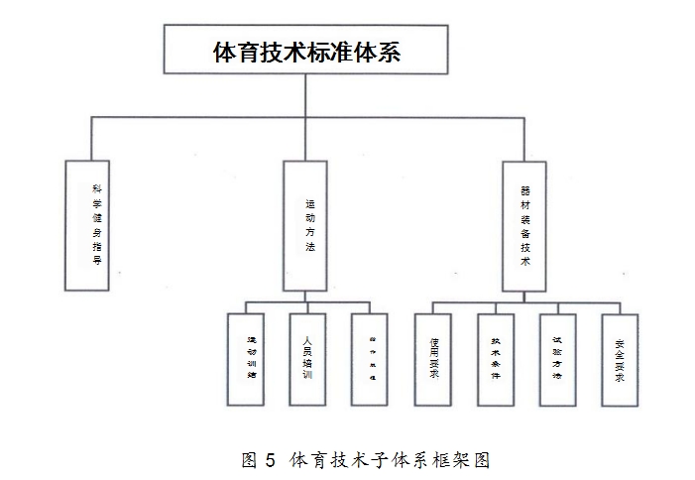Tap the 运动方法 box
[x=305, y=224]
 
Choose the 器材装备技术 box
[x=524, y=224]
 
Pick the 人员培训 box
[x=307, y=359]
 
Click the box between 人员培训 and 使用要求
[x=371, y=359]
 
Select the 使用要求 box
[x=433, y=359]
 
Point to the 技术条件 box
[x=495, y=359]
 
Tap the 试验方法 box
[x=557, y=359]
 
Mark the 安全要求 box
[x=620, y=359]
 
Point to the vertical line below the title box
[x=305, y=95]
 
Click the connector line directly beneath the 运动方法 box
[x=305, y=296]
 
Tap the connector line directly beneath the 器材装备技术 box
[x=524, y=296]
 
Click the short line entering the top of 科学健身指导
[x=91, y=138]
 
